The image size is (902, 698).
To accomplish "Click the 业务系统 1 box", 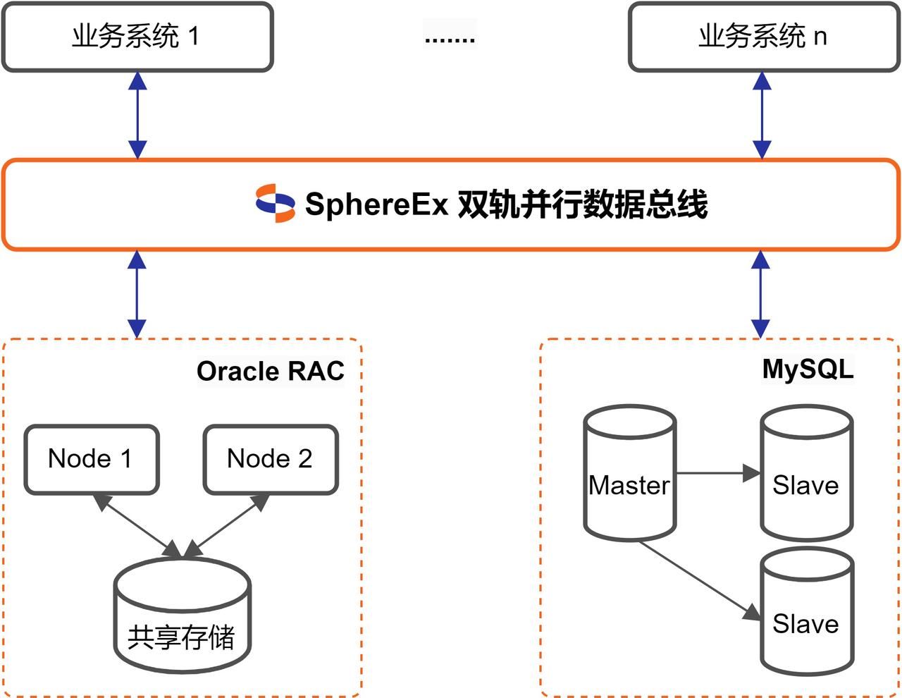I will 137,37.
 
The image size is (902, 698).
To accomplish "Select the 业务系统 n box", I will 762,37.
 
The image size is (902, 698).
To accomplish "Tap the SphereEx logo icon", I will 275,203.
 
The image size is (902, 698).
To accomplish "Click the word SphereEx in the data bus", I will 376,204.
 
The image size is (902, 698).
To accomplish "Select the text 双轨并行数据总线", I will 582,204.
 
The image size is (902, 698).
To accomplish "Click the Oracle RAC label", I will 270,371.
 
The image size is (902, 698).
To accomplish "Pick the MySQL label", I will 808,369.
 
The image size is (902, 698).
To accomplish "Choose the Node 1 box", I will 91,459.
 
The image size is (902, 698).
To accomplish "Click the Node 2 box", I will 270,459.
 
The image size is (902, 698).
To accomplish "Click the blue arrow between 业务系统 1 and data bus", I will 137,115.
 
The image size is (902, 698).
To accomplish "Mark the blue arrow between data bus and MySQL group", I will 760,294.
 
